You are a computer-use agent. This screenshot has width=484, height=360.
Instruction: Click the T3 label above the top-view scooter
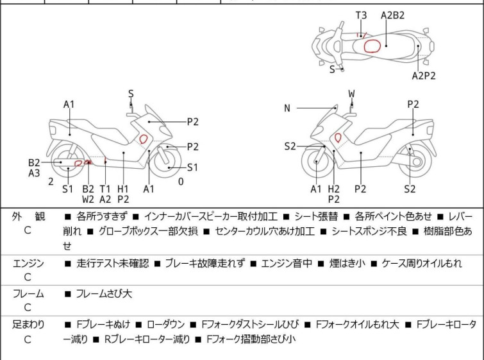pos(362,14)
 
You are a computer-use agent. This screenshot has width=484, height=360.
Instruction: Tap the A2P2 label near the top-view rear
pos(424,75)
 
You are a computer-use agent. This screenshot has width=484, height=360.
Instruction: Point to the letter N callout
pos(287,108)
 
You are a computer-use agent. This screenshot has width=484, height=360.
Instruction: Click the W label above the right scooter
pos(351,94)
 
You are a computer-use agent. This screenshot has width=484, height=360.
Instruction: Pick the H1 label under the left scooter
pos(123,189)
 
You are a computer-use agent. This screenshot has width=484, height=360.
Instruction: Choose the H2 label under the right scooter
pos(333,189)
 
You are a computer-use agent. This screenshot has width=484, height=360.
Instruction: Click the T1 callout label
pos(105,189)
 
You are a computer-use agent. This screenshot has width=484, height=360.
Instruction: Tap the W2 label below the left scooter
pos(88,200)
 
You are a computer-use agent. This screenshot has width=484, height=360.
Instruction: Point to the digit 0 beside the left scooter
pos(180,182)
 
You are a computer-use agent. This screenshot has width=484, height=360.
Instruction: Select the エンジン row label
pos(28,263)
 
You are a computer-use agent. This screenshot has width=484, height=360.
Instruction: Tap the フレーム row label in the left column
pos(28,293)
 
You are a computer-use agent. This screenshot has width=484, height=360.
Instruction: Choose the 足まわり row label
pos(28,325)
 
